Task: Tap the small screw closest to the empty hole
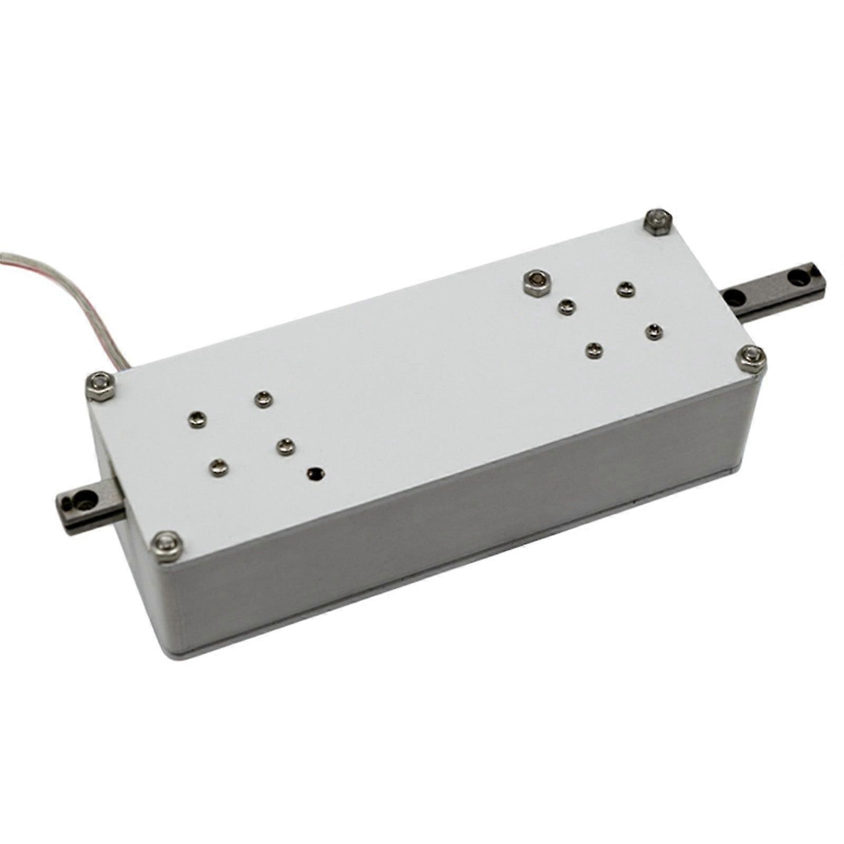[x=285, y=446]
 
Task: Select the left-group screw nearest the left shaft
[x=218, y=467]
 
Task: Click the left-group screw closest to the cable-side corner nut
[x=197, y=420]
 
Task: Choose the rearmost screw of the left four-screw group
[x=263, y=399]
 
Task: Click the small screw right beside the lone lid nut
[x=566, y=306]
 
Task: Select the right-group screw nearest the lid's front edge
[x=594, y=349]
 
